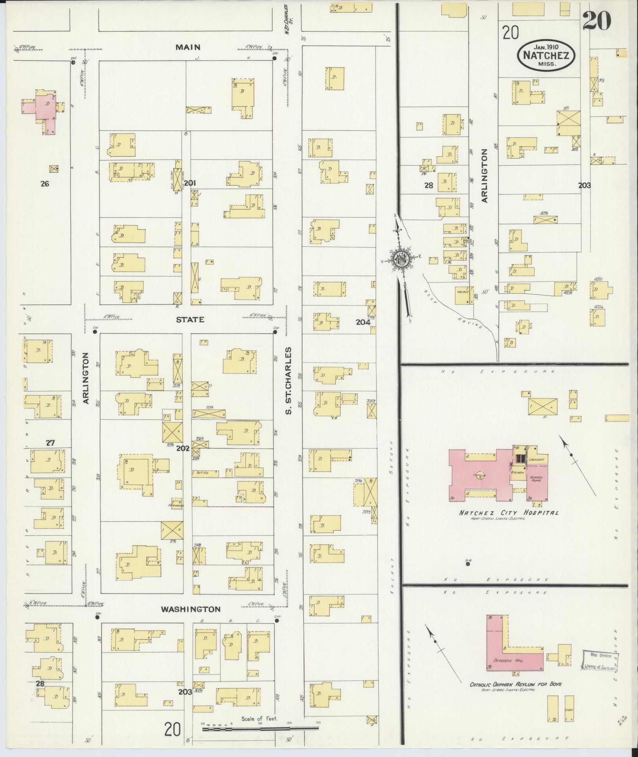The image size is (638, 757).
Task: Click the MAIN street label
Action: click(x=188, y=47)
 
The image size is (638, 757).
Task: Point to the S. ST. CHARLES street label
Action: click(x=289, y=381)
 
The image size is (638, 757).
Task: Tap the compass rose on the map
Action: click(x=402, y=259)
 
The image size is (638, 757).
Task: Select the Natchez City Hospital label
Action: click(x=509, y=512)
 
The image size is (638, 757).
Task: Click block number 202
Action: click(x=183, y=449)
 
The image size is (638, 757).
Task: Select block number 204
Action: click(x=363, y=322)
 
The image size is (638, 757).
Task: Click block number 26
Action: click(x=45, y=184)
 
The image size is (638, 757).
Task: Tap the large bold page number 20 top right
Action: click(x=596, y=21)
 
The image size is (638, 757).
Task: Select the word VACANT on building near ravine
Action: click(x=463, y=292)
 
